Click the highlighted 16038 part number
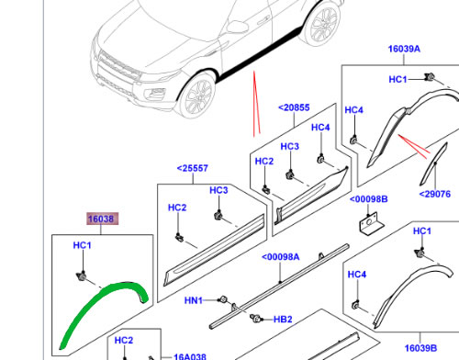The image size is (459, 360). click(101, 219)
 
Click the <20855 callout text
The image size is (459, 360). click(294, 108)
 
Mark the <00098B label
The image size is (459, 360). click(368, 198)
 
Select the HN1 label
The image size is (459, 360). click(195, 299)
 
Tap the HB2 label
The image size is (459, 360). click(284, 320)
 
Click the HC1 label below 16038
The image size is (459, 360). click(82, 247)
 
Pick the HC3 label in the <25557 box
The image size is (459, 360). click(218, 190)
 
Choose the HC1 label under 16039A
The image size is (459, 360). click(397, 80)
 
